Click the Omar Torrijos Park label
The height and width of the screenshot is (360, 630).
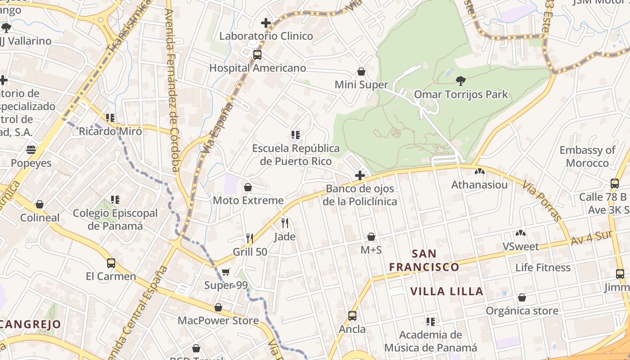460,94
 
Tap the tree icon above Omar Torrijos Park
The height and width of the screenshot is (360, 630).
460,81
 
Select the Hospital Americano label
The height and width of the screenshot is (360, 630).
257,68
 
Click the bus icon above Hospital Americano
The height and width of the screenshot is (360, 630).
257,55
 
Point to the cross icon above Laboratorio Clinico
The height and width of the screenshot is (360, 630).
266,22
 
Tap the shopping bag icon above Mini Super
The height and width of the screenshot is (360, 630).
361,72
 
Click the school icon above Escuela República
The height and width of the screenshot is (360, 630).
296,135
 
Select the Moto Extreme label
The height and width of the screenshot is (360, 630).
248,200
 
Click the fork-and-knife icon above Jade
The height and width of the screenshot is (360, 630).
284,223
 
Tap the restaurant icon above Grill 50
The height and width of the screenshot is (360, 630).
250,238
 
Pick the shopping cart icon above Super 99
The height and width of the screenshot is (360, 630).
225,272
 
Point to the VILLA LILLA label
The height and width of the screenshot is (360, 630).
447,291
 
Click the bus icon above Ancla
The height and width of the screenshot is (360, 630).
352,316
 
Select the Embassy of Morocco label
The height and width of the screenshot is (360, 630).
587,156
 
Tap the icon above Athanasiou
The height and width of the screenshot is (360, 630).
479,171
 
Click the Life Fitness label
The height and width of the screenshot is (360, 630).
543,267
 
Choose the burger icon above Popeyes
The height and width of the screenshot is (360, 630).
31,149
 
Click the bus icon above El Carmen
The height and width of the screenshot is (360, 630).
111,263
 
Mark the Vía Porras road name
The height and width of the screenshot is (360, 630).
543,201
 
